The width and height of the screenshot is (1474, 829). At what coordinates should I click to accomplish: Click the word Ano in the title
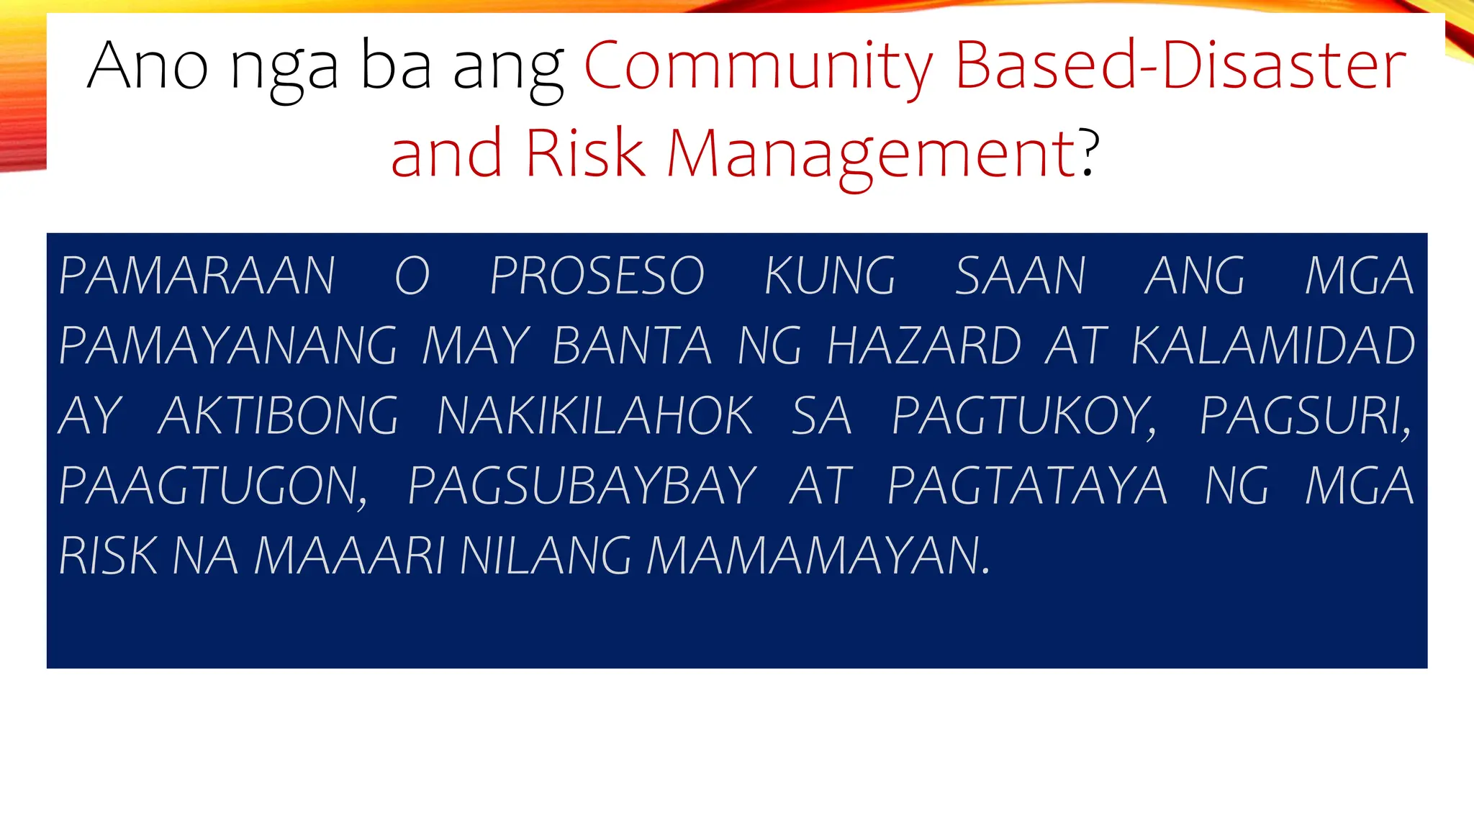148,66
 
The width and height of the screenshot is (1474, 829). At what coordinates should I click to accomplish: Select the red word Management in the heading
871,153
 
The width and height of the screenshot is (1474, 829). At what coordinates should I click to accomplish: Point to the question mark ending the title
1090,152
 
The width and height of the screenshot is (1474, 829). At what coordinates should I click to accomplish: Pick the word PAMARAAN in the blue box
196,276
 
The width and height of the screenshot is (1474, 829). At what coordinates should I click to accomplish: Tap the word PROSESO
597,276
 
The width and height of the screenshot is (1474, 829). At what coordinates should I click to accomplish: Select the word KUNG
830,276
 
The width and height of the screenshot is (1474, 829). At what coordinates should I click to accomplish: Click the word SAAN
1021,276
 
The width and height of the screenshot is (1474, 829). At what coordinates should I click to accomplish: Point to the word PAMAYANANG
227,346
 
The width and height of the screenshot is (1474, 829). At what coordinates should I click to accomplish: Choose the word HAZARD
924,346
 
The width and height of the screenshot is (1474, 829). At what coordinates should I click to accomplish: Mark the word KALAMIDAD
1273,346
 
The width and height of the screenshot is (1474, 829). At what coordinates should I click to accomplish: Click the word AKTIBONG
278,416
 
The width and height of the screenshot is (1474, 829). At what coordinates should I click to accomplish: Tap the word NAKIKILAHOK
594,416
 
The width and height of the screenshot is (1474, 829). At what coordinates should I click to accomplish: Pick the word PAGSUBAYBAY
582,486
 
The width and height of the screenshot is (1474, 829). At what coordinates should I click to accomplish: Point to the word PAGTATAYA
1027,486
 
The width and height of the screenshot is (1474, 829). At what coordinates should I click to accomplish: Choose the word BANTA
632,346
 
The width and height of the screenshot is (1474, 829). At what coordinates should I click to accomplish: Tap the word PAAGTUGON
213,486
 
